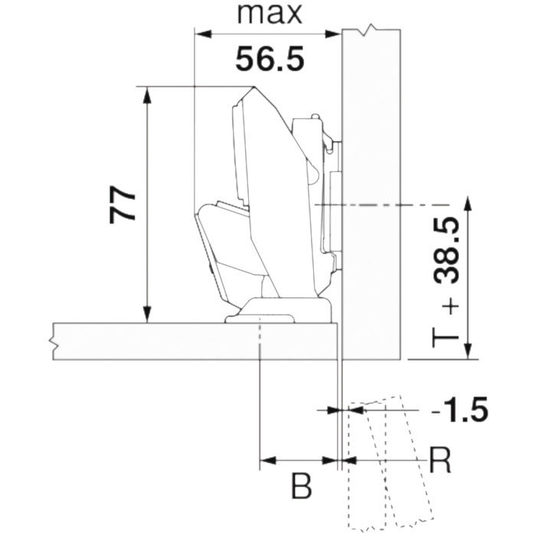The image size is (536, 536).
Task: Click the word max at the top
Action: click(270, 14)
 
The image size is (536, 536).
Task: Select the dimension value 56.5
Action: click(270, 59)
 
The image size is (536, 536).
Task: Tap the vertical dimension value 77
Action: click(123, 204)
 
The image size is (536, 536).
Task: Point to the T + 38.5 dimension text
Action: click(446, 283)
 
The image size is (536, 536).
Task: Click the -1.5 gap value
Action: click(459, 409)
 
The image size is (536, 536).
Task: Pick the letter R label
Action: click(440, 460)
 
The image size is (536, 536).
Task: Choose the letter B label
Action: click(301, 485)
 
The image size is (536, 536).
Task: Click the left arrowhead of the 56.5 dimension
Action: click(203, 34)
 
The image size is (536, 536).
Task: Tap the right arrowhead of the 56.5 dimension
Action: click(332, 34)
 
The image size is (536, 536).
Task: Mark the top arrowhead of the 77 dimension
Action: click(147, 95)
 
